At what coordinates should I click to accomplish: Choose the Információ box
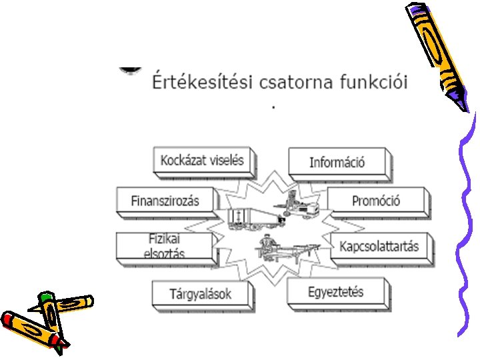pos(337,162)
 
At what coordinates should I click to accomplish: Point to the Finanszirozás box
pos(167,201)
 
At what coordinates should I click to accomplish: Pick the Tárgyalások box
pos(201,293)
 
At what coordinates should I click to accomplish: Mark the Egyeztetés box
pos(336,292)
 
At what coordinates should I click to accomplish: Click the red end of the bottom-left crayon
pos(8,320)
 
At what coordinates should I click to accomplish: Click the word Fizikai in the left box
pos(165,239)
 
